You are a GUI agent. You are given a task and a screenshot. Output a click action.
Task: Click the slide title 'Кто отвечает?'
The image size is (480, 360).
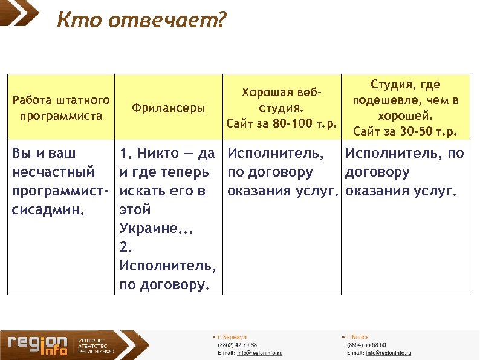click(141, 21)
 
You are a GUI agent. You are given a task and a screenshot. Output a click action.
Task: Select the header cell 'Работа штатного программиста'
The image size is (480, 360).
click(60, 108)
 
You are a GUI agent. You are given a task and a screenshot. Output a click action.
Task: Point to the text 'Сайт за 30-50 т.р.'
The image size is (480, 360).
click(405, 131)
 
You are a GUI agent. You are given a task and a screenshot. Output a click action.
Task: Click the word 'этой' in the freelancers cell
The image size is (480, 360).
click(135, 209)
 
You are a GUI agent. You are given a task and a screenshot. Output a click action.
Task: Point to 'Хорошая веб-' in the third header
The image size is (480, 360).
click(280, 93)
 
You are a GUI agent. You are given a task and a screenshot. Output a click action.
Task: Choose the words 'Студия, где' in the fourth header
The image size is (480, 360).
click(405, 85)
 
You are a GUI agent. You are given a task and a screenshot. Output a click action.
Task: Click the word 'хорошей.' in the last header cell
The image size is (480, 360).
click(405, 116)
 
